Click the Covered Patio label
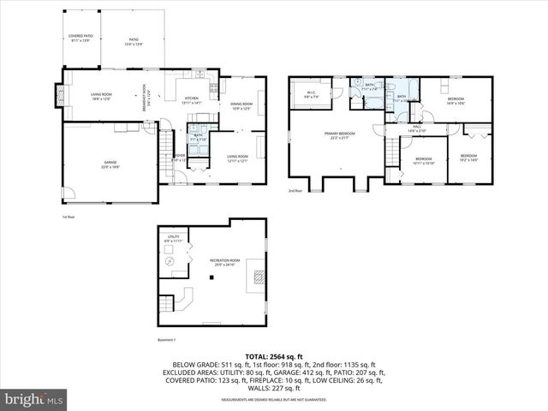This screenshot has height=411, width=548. point(81,38)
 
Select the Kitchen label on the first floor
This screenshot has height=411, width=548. point(192,100)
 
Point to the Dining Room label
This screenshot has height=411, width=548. point(241,106)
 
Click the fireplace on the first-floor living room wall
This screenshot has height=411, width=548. point(59,96)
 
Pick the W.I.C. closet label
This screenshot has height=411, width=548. point(311,95)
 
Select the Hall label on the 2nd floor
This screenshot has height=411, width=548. point(417,128)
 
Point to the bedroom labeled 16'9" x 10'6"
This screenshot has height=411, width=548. point(456,102)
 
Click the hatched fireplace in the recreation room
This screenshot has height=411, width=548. point(258,276)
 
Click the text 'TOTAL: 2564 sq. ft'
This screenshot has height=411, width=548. point(274,355)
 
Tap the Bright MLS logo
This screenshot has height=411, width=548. point(34,399)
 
